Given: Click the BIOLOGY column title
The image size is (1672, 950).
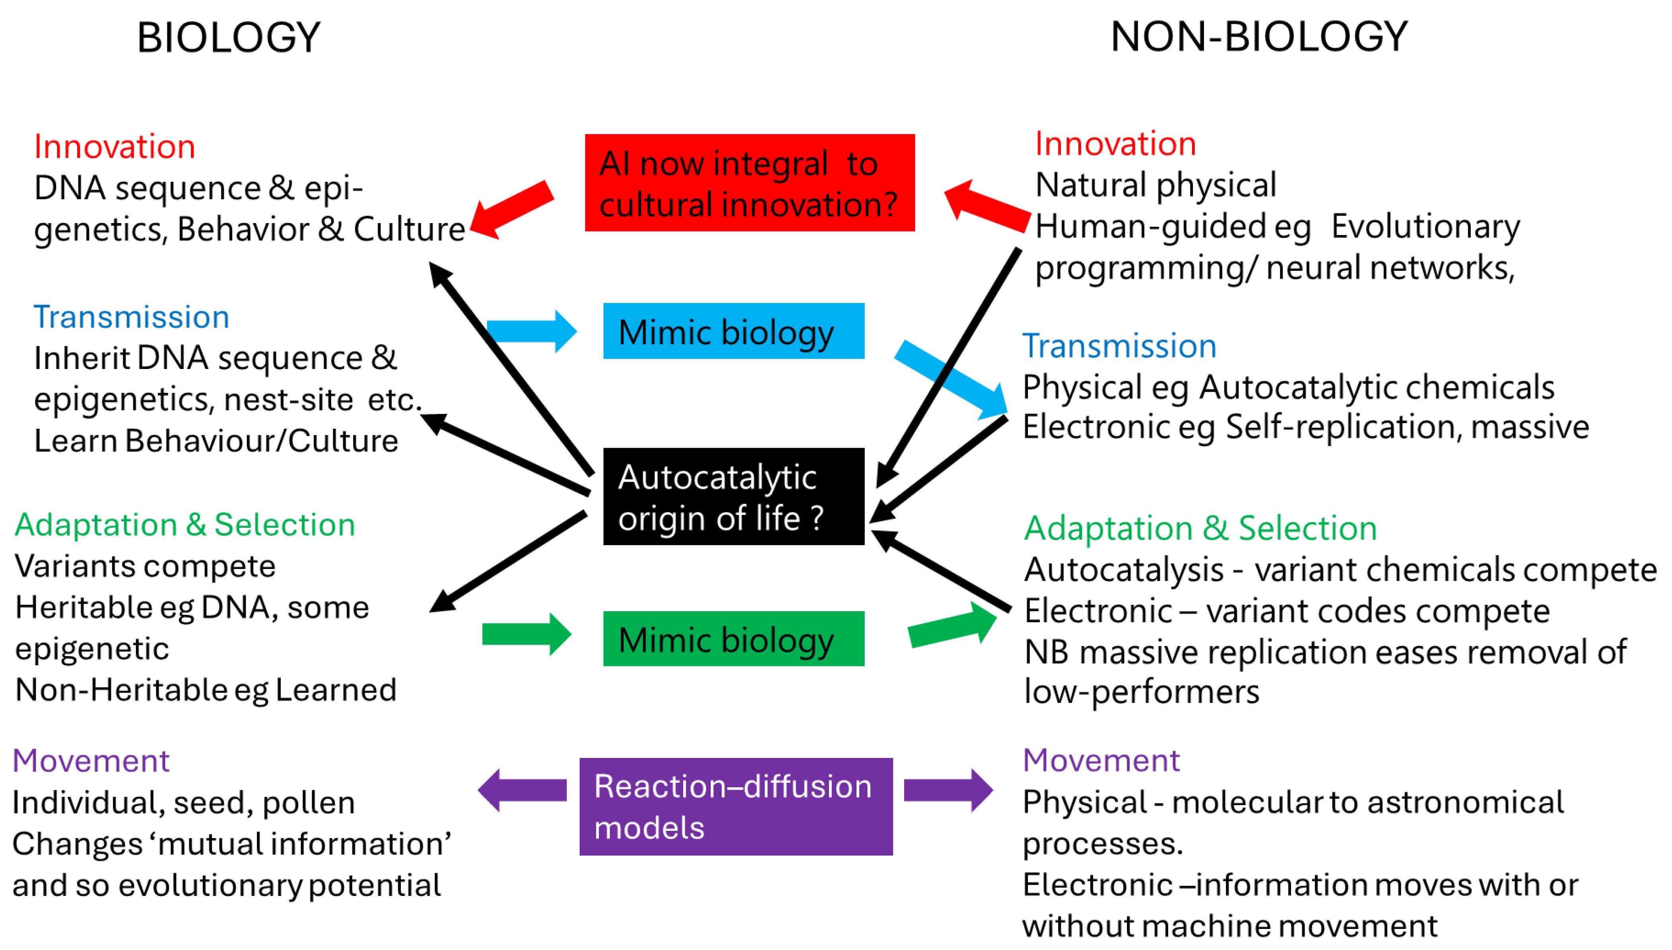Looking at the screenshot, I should coord(228,37).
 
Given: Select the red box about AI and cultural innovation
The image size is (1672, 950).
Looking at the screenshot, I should coord(749,183).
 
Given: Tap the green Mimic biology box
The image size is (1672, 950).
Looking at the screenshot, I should coord(733,639).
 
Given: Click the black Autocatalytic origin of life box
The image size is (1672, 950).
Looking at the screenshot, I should coord(733,497).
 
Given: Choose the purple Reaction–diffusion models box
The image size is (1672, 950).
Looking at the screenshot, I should coord(735,806).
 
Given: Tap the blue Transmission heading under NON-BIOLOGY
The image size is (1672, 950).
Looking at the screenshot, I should coord(1119,346).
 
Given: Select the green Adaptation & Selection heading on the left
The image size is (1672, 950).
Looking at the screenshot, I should coord(184,525).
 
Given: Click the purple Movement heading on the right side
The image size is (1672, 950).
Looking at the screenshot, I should coord(1101,760).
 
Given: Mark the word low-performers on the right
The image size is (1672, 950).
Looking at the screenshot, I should coord(1141,692).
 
